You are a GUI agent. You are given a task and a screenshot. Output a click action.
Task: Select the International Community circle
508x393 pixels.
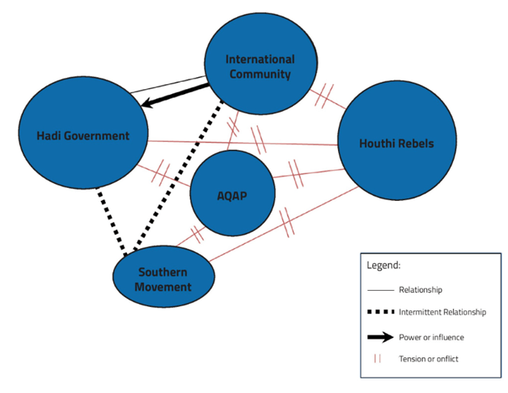click(x=260, y=66)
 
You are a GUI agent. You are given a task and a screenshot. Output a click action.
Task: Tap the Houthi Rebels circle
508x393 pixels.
click(x=396, y=143)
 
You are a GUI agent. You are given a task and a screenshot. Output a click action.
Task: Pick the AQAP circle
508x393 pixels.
click(x=231, y=194)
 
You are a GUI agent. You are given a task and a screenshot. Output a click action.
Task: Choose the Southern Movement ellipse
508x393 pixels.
click(x=164, y=279)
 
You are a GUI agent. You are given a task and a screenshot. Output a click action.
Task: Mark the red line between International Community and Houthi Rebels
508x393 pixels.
click(x=324, y=96)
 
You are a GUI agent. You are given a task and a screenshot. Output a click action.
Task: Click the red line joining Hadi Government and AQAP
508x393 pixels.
click(x=162, y=173)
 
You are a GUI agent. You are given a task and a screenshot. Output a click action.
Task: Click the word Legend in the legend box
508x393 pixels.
click(x=383, y=265)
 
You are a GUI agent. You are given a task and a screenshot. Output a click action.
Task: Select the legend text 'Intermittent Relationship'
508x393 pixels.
click(x=447, y=312)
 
